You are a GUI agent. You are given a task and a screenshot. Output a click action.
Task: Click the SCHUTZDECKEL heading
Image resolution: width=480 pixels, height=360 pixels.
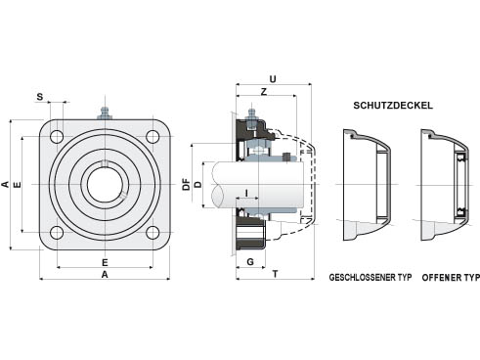click(x=393, y=106)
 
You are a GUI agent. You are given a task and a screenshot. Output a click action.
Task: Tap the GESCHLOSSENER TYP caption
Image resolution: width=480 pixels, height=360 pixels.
click(x=371, y=278)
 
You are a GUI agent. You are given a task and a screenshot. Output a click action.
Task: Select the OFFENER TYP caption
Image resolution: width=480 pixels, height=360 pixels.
click(x=451, y=278)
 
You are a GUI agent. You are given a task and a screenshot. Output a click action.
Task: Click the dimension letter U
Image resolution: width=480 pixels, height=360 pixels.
click(x=273, y=79)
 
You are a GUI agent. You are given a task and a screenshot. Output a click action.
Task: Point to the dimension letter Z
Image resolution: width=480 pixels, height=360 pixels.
click(x=264, y=92)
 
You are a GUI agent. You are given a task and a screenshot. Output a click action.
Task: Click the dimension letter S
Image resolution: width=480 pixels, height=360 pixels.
click(x=40, y=97)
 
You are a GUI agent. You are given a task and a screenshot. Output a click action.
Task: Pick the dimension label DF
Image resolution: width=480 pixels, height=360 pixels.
click(x=186, y=184)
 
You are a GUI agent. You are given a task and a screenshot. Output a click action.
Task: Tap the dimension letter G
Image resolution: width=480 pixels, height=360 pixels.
click(x=250, y=262)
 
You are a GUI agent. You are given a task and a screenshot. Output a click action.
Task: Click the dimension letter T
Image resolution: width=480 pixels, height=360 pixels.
click(x=276, y=274)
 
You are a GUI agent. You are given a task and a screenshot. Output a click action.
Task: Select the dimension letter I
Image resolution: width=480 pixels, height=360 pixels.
click(x=246, y=193)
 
